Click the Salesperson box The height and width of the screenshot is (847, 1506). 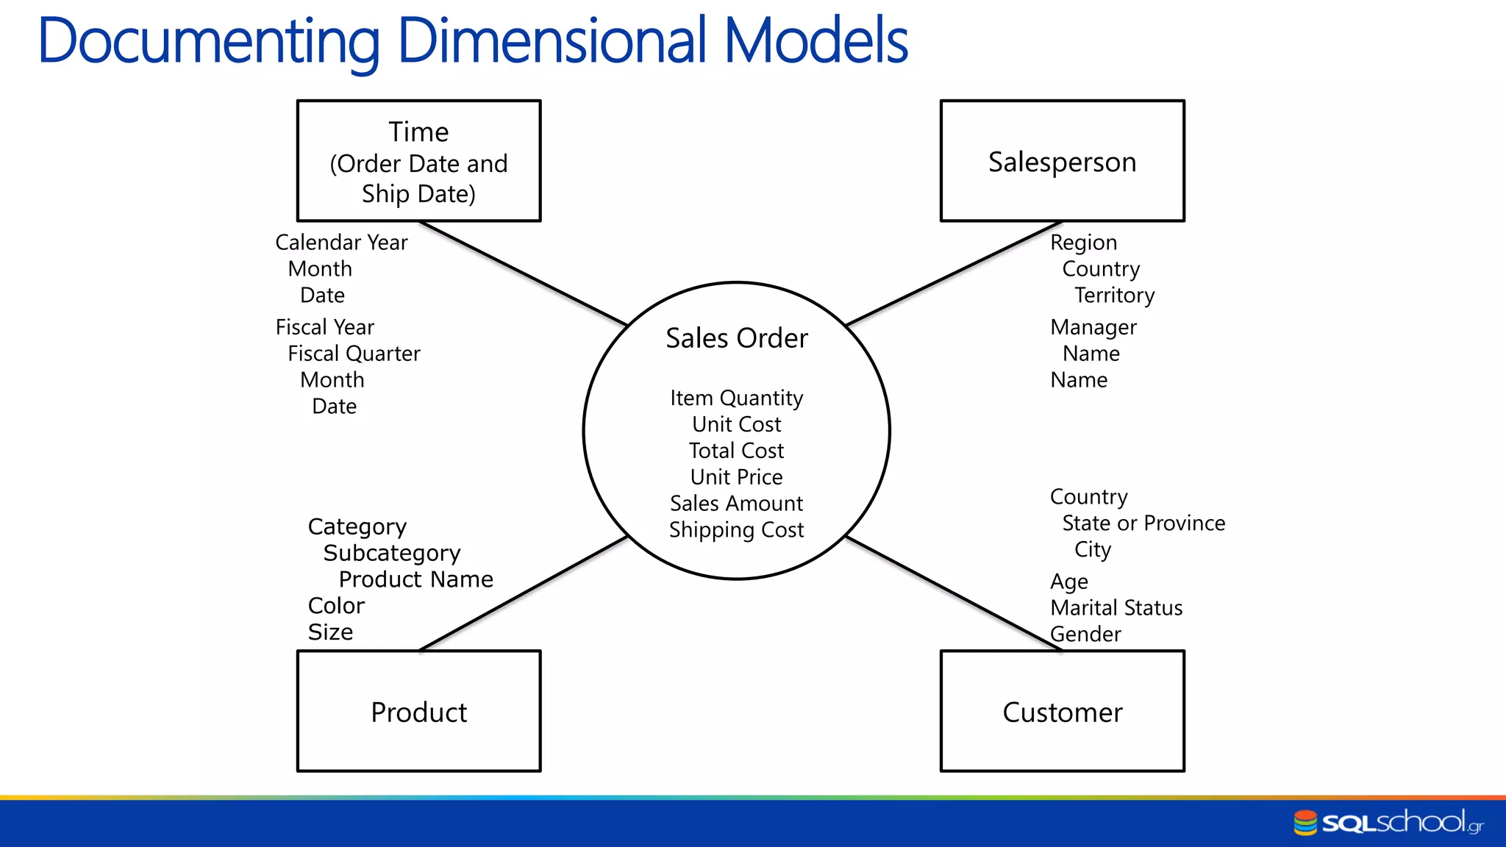point(1062,161)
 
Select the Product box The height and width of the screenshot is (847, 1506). point(418,712)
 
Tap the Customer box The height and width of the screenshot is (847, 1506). point(1062,712)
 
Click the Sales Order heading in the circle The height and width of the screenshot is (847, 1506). point(736,338)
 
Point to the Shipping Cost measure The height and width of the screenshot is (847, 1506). point(736,530)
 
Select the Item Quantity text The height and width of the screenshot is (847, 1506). point(736,398)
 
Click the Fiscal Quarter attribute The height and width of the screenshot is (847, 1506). point(354,354)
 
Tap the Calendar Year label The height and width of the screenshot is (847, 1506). point(341,243)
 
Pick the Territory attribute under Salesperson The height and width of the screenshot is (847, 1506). point(1114,296)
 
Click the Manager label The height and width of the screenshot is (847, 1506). point(1093,327)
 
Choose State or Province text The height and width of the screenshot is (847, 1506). point(1143,523)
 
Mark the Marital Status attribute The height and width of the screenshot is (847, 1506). point(1116,608)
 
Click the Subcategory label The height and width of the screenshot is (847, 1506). point(392,553)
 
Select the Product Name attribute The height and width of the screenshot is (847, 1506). point(415,579)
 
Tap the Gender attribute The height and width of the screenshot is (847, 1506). point(1085,635)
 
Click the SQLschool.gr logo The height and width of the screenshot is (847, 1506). point(1388,822)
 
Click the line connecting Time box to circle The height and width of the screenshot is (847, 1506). point(522,273)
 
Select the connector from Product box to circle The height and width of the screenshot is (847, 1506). point(522,594)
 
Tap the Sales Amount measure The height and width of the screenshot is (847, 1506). point(736,504)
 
